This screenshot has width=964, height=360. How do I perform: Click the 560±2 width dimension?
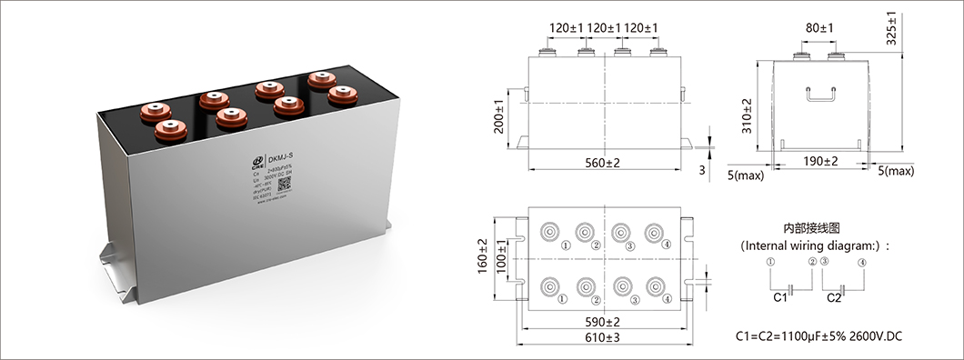click(603, 162)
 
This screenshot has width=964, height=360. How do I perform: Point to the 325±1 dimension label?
click(892, 27)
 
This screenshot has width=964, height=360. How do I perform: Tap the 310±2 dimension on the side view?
click(747, 115)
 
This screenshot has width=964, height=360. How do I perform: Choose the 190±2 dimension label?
click(820, 161)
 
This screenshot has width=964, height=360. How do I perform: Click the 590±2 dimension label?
click(603, 321)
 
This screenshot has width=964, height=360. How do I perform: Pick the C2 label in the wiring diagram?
click(834, 297)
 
